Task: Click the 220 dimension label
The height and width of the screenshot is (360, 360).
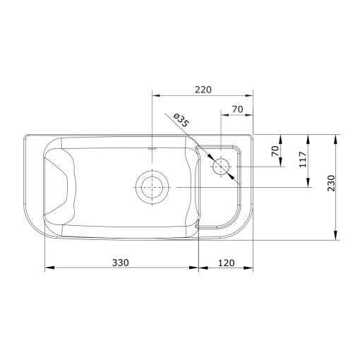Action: coord(203,90)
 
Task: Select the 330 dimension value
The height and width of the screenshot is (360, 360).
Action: coord(121,263)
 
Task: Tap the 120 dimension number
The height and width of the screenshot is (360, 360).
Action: coord(227,263)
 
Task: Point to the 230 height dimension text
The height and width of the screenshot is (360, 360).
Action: coord(331,184)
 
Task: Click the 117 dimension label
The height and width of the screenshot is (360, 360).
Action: coord(303,160)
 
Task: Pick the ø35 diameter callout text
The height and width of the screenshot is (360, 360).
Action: coord(181,120)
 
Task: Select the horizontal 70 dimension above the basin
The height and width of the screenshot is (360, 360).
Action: coord(237,109)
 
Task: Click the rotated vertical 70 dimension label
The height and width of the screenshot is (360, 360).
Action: coord(275,151)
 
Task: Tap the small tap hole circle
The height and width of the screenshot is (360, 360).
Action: coord(221,167)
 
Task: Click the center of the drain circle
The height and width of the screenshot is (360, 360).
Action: coord(152,187)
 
